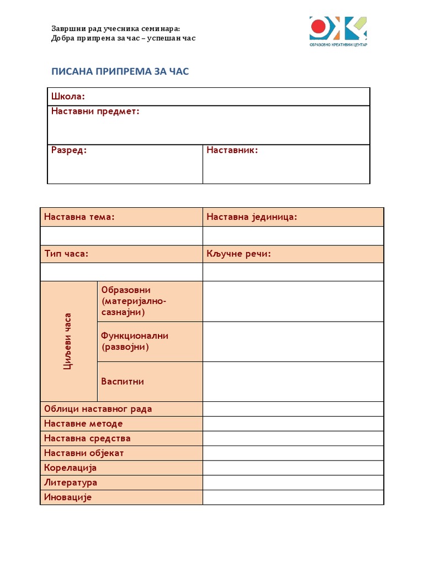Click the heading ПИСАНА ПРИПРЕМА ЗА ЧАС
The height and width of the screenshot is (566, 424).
tap(120, 71)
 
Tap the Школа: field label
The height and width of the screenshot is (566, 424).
tap(68, 97)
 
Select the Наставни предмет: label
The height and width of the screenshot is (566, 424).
tap(95, 112)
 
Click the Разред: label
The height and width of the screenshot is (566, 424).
tap(69, 150)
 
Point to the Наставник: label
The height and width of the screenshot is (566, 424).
tap(232, 150)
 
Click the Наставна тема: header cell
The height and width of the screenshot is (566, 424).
tap(79, 217)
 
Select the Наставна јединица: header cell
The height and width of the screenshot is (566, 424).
tap(252, 217)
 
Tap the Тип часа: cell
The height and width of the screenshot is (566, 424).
tap(66, 254)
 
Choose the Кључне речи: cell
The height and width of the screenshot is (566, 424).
tap(239, 254)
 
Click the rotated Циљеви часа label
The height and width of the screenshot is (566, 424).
tap(68, 341)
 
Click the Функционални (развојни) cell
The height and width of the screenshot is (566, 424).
tap(135, 342)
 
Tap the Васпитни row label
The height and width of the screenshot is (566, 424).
tap(123, 381)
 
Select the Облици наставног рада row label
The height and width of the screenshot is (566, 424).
tap(98, 409)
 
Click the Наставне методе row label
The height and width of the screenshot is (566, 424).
tap(83, 424)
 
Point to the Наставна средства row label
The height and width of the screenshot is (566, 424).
tap(87, 438)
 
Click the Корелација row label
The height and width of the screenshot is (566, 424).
tap(71, 468)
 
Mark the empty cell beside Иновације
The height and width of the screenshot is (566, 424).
tap(293, 497)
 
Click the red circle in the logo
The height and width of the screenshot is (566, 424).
tap(319, 25)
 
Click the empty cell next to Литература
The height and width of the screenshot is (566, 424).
tap(293, 483)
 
